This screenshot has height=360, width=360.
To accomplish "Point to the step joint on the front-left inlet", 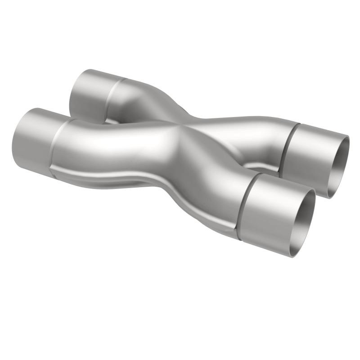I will (x=55, y=144).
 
